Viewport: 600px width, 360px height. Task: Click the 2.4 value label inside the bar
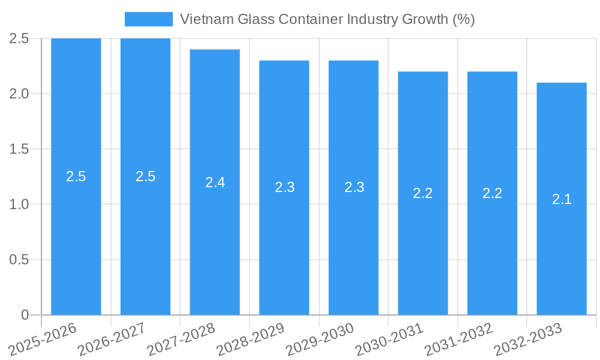tap(215, 182)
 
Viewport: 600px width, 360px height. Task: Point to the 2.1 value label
tap(562, 199)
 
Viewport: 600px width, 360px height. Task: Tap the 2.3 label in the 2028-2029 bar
tap(284, 187)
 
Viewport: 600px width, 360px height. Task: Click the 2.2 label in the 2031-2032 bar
tap(492, 193)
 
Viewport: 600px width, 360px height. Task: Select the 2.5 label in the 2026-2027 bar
tap(145, 176)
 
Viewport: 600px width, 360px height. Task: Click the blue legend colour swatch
tap(148, 19)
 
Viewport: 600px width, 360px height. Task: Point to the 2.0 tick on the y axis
tap(19, 94)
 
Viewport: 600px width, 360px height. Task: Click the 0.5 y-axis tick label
tap(19, 260)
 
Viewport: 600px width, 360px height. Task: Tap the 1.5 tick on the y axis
tap(19, 149)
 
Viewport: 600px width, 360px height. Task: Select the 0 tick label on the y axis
tap(25, 315)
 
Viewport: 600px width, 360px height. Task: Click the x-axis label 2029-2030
tap(320, 340)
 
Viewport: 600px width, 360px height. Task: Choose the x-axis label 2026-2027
tap(112, 340)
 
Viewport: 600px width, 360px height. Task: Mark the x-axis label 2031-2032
tap(459, 340)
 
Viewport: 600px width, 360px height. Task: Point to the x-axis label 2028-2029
tap(251, 340)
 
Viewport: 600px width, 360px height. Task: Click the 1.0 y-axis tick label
tap(19, 205)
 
